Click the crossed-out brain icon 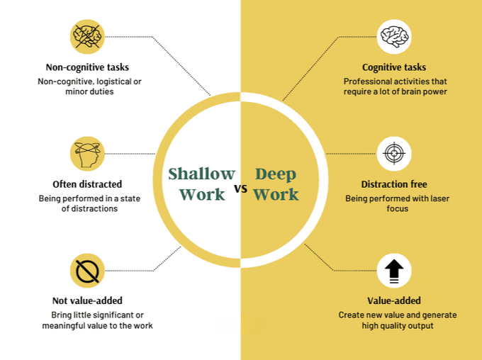pos(88,36)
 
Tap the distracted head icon pos(88,153)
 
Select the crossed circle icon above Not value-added pos(88,270)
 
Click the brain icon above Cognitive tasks pos(394,37)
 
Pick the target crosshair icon pos(394,154)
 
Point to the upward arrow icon pos(394,271)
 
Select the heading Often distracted pos(88,184)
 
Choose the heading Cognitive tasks pos(394,67)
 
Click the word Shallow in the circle pos(201,174)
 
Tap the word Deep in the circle pos(276,174)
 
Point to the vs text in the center pos(241,189)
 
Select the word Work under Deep pos(276,194)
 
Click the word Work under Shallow pos(202,194)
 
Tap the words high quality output pos(396,325)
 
